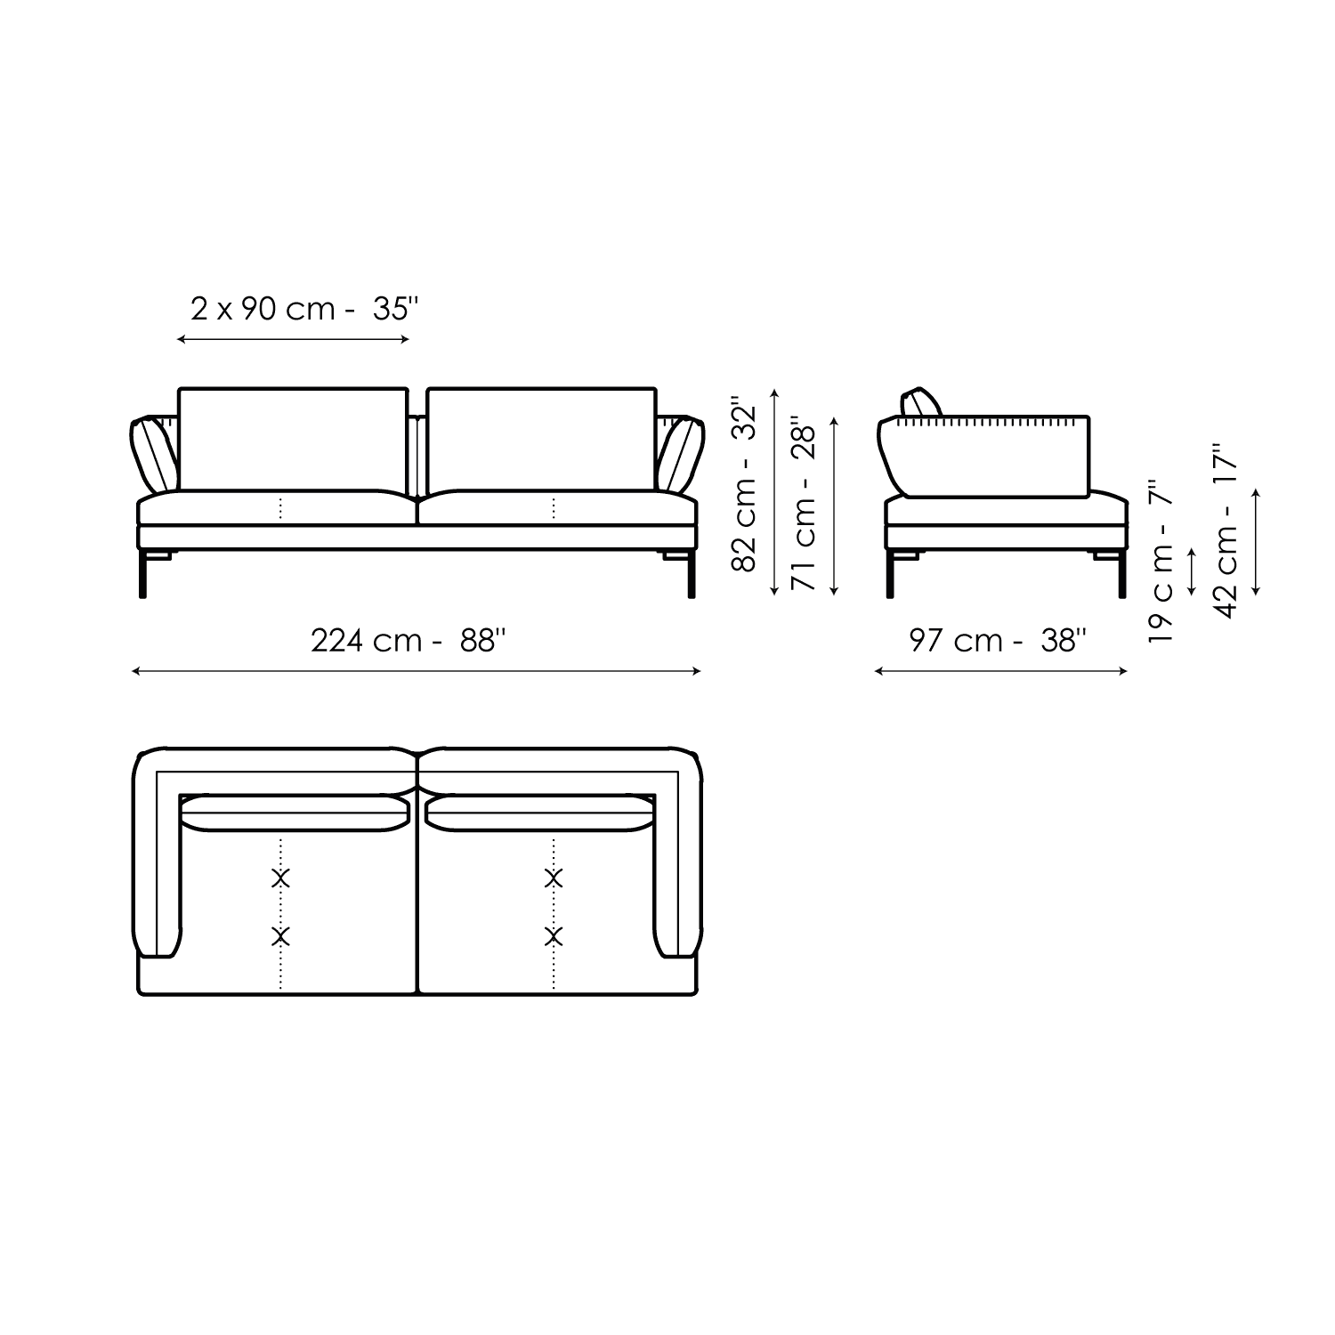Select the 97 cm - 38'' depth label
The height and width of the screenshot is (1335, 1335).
point(998,641)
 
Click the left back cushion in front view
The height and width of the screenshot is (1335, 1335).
point(293,440)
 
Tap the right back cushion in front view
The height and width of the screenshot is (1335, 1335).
point(541,440)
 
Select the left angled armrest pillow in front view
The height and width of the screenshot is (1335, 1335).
point(155,454)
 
